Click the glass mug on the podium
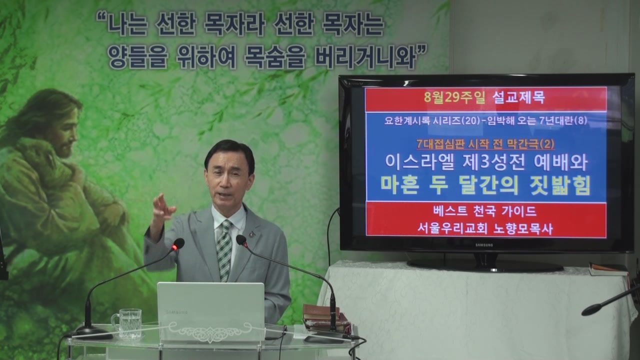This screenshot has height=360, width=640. pyautogui.click(x=127, y=323)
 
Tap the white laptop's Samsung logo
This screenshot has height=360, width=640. pyautogui.click(x=176, y=312)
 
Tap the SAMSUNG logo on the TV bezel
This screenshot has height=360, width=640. pyautogui.click(x=484, y=245)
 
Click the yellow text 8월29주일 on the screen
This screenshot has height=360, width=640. pyautogui.click(x=454, y=97)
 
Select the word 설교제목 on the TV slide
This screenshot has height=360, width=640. pyautogui.click(x=518, y=97)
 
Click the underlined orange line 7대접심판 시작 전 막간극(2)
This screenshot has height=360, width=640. pyautogui.click(x=485, y=144)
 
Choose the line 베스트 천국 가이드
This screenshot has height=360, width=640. pyautogui.click(x=485, y=211)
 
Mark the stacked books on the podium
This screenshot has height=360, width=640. pyautogui.click(x=325, y=317)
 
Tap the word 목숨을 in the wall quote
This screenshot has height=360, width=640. pyautogui.click(x=275, y=58)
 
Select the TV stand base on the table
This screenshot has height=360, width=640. pyautogui.click(x=485, y=265)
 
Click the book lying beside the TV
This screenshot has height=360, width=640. pyautogui.click(x=608, y=269)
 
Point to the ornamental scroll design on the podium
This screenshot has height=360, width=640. pyautogui.click(x=210, y=332)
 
